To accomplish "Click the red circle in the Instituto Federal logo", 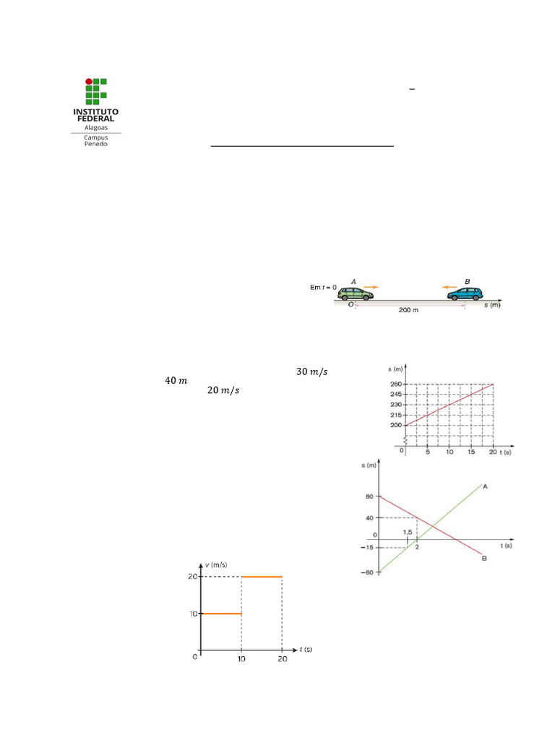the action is tap(89, 82).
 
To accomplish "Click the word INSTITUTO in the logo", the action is tap(96, 112).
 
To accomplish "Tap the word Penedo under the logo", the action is tap(96, 144).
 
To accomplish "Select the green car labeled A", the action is tap(356, 293).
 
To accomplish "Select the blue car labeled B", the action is tap(465, 293).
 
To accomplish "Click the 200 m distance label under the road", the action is tap(408, 310).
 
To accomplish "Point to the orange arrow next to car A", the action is tap(371, 287).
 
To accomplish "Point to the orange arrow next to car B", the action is tap(449, 287).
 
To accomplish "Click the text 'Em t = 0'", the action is tap(323, 287).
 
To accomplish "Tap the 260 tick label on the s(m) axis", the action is tap(396, 384).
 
